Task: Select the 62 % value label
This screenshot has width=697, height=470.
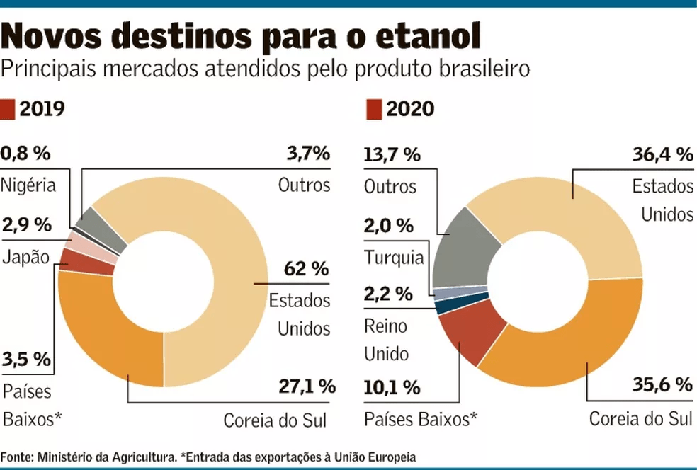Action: [306, 269]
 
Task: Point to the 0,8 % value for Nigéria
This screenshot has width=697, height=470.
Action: [27, 154]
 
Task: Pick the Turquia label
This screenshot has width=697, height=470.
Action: [394, 258]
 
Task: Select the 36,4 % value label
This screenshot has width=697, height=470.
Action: [662, 154]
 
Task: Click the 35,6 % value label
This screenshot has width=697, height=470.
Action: [662, 385]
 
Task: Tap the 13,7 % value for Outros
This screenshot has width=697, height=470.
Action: [392, 154]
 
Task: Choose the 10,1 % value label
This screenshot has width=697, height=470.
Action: [392, 388]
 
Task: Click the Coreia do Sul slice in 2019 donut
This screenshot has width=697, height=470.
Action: [113, 333]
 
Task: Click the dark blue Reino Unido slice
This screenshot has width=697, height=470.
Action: [443, 306]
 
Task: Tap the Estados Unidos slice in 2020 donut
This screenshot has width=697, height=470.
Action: [567, 212]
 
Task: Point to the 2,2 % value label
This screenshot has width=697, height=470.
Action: [387, 293]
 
